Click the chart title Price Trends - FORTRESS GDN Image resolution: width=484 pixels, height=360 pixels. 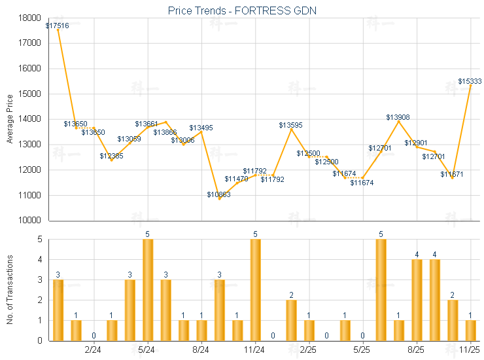(x=242, y=11)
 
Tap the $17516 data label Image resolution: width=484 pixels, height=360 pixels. (x=58, y=26)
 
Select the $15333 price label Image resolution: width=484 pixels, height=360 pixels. (x=470, y=81)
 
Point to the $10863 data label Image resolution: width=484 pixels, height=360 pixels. (x=219, y=194)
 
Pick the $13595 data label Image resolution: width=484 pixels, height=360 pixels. (x=290, y=125)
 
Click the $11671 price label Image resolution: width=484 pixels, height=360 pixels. (x=452, y=175)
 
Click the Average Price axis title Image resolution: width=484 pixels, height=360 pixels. (x=10, y=119)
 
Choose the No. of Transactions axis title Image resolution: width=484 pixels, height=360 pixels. (x=10, y=289)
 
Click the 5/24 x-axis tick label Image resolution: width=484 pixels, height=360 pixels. (x=148, y=351)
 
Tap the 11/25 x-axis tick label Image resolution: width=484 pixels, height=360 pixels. (x=471, y=351)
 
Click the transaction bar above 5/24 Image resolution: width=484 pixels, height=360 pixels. (x=148, y=290)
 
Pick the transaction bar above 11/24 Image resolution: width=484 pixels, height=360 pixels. (x=256, y=290)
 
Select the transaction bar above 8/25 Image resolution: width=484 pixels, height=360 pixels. (x=417, y=300)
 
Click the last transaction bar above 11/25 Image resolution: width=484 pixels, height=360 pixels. (x=471, y=331)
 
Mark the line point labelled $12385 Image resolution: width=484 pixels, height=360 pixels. (x=112, y=160)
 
